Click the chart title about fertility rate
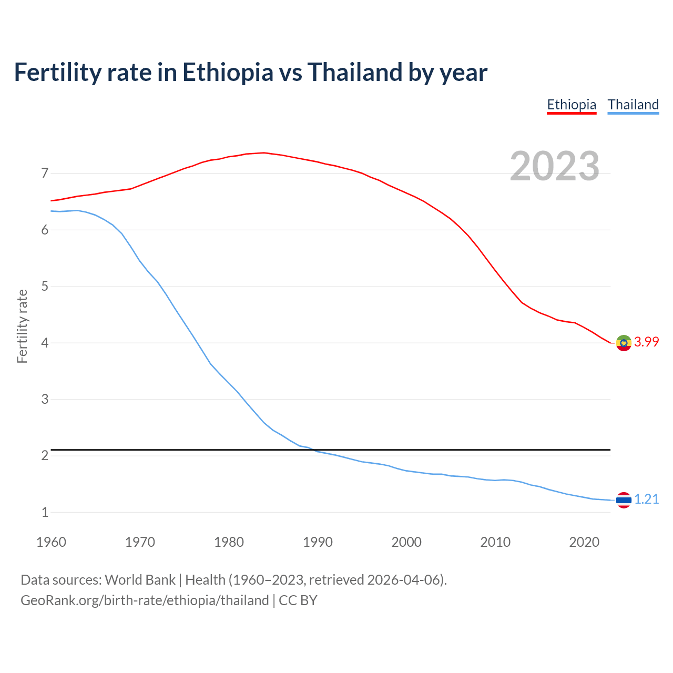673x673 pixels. click(251, 72)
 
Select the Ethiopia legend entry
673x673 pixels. click(572, 105)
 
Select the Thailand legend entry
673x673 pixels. click(633, 105)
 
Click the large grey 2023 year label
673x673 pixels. click(555, 166)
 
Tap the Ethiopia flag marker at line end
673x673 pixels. click(624, 343)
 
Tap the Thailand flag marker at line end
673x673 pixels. click(624, 500)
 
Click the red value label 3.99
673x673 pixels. click(646, 342)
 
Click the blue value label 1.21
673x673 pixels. click(646, 499)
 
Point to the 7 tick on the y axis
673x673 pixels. click(45, 173)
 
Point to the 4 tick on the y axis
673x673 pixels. click(45, 343)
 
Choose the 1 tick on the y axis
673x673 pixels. click(45, 512)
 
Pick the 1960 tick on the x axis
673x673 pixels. click(51, 542)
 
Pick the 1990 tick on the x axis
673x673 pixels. click(318, 542)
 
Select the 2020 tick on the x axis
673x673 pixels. click(584, 542)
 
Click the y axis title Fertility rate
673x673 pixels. click(22, 326)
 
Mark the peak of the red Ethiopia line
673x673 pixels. click(263, 153)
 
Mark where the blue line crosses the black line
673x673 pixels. click(313, 450)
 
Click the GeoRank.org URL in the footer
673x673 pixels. click(145, 600)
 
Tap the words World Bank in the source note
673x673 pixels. click(140, 580)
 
